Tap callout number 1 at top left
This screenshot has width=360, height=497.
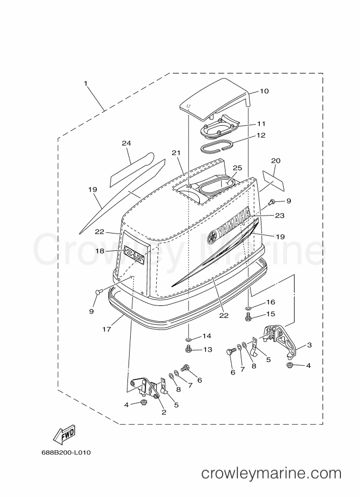(x=86, y=83)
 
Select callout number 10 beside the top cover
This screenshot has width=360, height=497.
(x=264, y=91)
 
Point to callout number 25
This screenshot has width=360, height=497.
(x=237, y=168)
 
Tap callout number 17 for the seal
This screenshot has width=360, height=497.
(x=107, y=329)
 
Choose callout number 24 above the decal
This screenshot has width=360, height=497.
(x=126, y=143)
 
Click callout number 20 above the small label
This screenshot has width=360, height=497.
(x=276, y=161)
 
